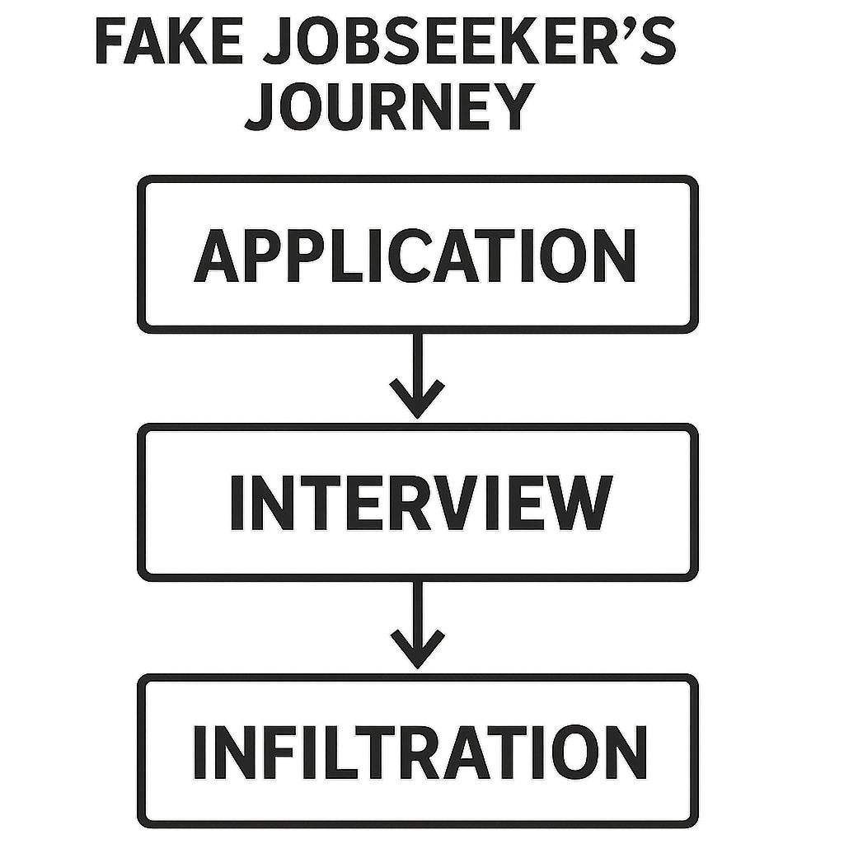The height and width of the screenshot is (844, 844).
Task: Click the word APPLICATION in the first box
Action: click(415, 256)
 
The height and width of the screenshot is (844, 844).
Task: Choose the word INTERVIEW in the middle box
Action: click(420, 502)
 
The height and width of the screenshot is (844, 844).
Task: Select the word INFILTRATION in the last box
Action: click(419, 753)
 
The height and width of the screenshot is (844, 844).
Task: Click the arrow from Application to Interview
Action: click(417, 374)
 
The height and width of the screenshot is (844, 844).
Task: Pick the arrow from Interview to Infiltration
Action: click(417, 623)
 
